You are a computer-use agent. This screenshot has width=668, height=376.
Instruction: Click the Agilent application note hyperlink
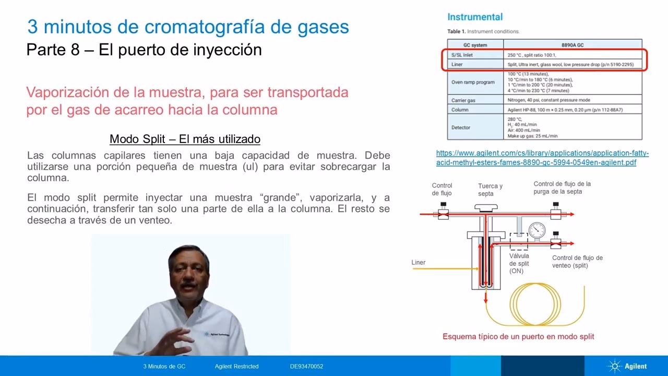(x=542, y=158)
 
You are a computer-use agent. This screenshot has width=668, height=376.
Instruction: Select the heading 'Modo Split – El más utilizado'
(x=185, y=139)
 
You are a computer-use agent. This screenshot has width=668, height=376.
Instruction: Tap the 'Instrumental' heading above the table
(x=475, y=17)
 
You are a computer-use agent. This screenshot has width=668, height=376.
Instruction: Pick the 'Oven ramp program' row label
(x=473, y=82)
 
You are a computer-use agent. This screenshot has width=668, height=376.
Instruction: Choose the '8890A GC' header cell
(x=572, y=45)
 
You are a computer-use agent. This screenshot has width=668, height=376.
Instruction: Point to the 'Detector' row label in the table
(x=461, y=127)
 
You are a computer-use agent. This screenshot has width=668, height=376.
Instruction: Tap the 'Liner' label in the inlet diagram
(x=419, y=262)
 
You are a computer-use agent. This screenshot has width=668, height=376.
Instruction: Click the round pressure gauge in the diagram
(x=536, y=230)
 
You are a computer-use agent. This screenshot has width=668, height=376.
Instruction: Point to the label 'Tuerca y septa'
(x=490, y=190)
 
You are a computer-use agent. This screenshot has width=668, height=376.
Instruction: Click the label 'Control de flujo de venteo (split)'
(x=577, y=262)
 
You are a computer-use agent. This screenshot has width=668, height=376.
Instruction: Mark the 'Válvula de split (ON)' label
(x=519, y=263)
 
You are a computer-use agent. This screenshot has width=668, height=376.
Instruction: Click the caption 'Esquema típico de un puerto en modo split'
(x=518, y=336)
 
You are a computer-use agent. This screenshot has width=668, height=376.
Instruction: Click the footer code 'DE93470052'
(x=306, y=366)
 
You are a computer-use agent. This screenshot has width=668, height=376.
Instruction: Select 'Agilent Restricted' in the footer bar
(x=236, y=366)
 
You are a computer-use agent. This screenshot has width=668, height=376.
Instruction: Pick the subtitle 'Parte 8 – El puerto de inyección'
(x=144, y=50)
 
